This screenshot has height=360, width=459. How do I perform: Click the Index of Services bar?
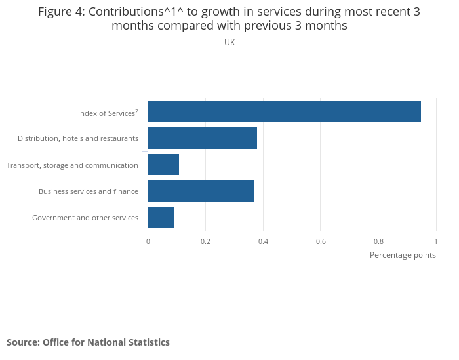284,111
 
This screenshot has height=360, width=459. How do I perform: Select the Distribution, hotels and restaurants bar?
202,138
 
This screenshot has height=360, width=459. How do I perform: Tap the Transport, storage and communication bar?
163,165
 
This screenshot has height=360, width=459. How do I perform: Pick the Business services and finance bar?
201,191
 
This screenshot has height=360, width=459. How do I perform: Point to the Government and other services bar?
161,217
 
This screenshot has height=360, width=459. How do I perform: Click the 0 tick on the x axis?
148,241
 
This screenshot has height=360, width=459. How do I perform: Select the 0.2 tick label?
205,241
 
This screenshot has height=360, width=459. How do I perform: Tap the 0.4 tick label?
263,241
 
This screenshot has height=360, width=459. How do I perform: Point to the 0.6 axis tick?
321,241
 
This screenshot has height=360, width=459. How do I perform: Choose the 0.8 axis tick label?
378,241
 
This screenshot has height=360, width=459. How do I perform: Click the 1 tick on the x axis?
435,241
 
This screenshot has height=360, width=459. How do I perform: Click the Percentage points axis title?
403,255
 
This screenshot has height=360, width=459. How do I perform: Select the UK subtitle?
229,43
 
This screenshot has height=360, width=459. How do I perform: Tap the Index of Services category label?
108,113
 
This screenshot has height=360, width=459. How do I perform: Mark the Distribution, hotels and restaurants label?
77,138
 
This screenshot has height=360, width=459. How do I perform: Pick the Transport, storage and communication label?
72,165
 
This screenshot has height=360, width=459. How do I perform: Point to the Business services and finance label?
88,191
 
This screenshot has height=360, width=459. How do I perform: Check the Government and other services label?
85,218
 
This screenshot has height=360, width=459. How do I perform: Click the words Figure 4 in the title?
60,12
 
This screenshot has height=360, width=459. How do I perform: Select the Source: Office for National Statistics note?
88,342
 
